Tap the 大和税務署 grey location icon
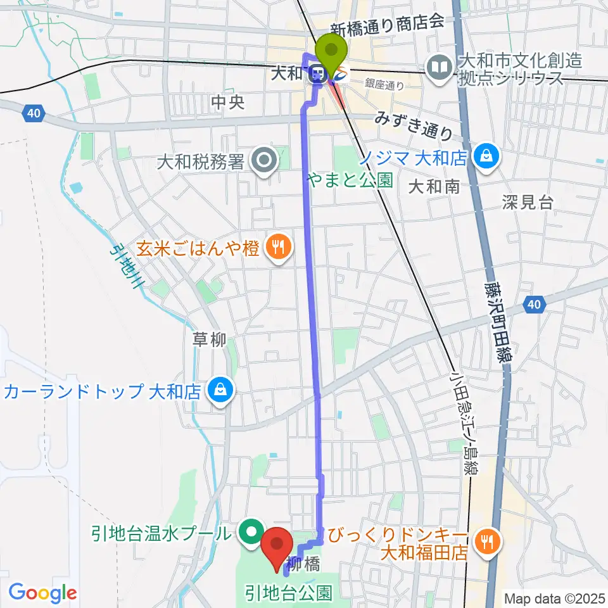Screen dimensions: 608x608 [263, 161]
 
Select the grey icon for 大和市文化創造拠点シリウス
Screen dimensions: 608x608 [438, 65]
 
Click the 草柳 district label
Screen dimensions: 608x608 [209, 341]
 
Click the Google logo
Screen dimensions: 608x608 [42, 593]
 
